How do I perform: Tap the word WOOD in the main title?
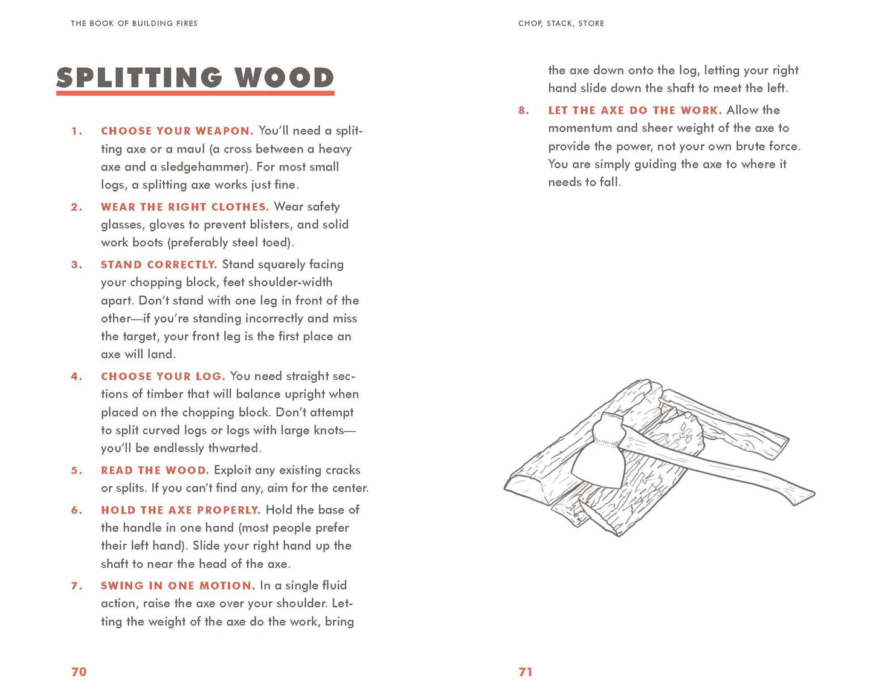coord(284,78)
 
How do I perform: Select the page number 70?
coord(79,672)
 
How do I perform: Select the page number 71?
coord(526,672)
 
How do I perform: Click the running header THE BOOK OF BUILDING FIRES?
coord(134,24)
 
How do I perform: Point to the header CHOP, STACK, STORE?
coord(561,24)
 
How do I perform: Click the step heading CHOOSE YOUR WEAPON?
coord(177,131)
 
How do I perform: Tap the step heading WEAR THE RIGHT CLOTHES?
coord(185,207)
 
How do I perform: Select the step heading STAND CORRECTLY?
coord(159,265)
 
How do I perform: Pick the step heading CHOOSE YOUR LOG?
coord(163,377)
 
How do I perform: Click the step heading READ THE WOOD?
coord(155,470)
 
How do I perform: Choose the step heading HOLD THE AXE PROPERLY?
coord(181,510)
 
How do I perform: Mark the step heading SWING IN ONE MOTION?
coord(178,586)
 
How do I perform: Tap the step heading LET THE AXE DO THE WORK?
coord(635,111)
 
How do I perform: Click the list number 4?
coord(76,377)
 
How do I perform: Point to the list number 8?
coord(523,111)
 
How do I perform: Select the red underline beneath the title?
coord(195,93)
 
